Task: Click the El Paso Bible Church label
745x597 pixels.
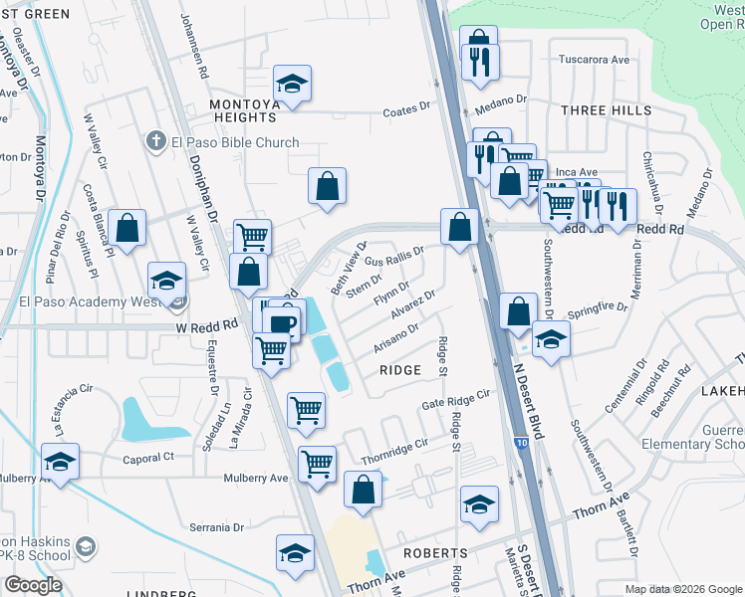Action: coord(235,142)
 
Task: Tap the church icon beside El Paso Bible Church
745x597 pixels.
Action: coord(155,141)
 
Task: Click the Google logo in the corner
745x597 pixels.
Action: coord(33,585)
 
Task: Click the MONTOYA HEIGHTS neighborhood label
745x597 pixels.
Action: coord(243,110)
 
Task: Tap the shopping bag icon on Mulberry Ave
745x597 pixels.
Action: coord(364,491)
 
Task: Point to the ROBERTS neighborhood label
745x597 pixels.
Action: coord(435,552)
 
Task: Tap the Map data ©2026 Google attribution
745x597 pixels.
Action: coord(682,589)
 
